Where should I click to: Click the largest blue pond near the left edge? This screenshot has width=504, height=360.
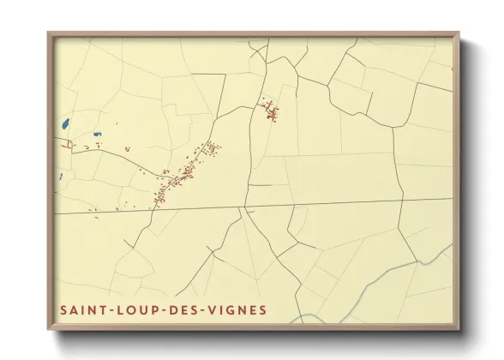pos(65,124)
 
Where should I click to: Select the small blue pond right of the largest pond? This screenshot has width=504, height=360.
pos(96,134)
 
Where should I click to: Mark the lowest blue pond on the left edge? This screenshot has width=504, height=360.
pos(61,177)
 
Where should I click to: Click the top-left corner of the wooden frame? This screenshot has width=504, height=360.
pos(49,34)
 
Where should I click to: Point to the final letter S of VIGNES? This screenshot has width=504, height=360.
pos(263,309)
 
